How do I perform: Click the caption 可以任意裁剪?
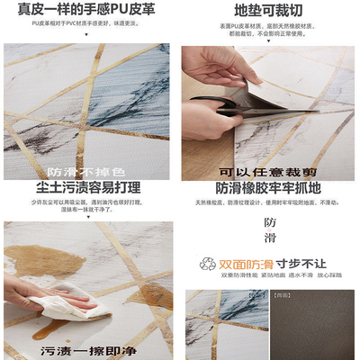click(x=266, y=171)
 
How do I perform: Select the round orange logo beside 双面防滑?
click(x=207, y=265)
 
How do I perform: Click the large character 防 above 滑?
click(x=270, y=222)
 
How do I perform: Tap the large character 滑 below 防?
click(x=270, y=241)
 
